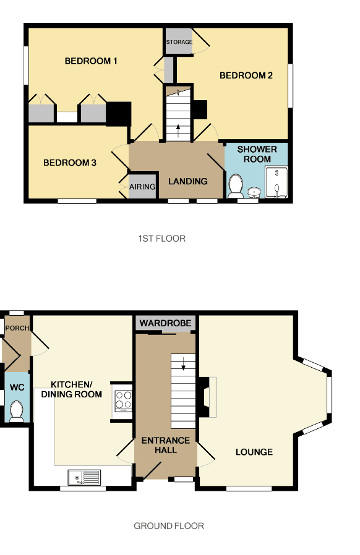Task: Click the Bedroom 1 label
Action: coord(91,61)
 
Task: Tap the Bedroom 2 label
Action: coord(246,75)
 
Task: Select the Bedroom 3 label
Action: coord(70,163)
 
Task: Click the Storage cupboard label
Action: coord(179,42)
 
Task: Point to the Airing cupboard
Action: coord(142,186)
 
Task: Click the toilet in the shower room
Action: coord(236,186)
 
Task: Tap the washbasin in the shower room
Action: coord(254,192)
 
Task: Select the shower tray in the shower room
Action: coord(276,182)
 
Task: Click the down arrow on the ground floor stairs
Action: coord(184,364)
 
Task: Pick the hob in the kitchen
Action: coord(123,400)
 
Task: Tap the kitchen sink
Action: coord(85,478)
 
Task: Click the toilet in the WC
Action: coord(16,411)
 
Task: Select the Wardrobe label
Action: coord(166,323)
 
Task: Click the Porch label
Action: coord(17,328)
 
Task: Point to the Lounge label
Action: coord(254,452)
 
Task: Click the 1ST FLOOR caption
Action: coord(161,239)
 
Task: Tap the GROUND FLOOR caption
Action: coord(169,526)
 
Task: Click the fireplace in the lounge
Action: coord(207,397)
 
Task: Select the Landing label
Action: coord(188,181)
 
